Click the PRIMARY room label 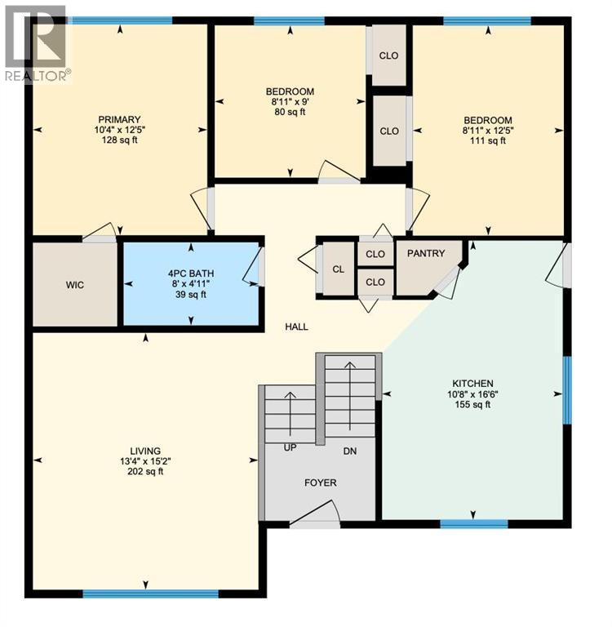pyautogui.click(x=120, y=119)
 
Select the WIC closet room pyautogui.click(x=75, y=285)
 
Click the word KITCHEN pyautogui.click(x=472, y=384)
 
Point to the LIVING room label pyautogui.click(x=145, y=451)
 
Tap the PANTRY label pyautogui.click(x=427, y=253)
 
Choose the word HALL pyautogui.click(x=296, y=327)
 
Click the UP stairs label pyautogui.click(x=289, y=449)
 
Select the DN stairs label pyautogui.click(x=349, y=451)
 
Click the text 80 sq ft pyautogui.click(x=290, y=113)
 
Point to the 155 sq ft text pyautogui.click(x=472, y=405)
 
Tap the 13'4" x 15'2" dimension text pyautogui.click(x=145, y=461)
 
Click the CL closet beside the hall pyautogui.click(x=338, y=269)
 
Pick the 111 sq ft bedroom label pyautogui.click(x=488, y=140)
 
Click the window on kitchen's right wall pyautogui.click(x=566, y=389)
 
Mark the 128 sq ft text pyautogui.click(x=120, y=140)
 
